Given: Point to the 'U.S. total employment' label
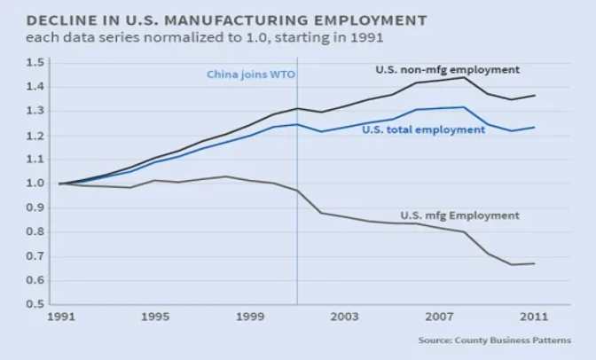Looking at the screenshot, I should (x=423, y=129).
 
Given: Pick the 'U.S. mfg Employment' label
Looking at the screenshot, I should (x=459, y=215).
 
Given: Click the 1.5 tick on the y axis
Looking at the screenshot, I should (x=35, y=63).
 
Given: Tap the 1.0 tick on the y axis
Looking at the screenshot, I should (x=35, y=184).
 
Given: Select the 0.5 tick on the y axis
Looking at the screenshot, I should (x=35, y=304).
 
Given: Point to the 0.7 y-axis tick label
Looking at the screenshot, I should (x=35, y=256).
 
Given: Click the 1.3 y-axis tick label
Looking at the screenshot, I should (x=35, y=111).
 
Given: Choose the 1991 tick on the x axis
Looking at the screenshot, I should (x=59, y=317).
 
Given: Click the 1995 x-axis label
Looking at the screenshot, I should (x=154, y=317).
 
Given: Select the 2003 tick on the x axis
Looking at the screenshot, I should (x=344, y=317).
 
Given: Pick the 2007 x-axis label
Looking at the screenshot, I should (x=439, y=317).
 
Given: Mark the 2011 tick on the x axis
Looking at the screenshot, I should (x=534, y=317).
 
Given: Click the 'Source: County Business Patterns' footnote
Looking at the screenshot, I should (x=495, y=340).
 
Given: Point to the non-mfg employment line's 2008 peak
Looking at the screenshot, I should (x=463, y=77).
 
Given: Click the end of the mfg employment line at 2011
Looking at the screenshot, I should (x=534, y=263).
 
